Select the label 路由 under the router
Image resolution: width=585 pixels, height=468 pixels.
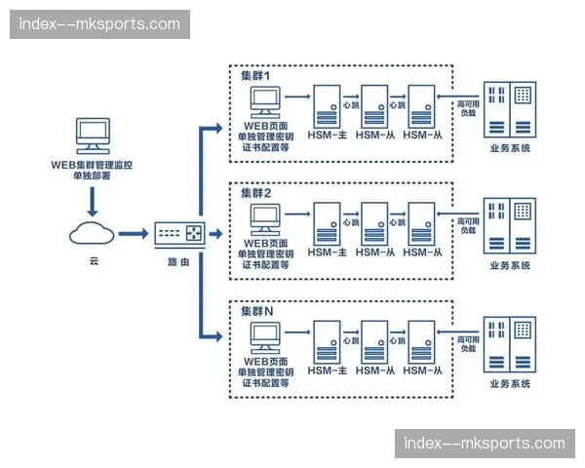[177, 262]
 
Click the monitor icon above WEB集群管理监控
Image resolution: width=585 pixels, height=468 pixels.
[93, 136]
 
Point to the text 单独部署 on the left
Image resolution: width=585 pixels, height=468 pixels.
[93, 178]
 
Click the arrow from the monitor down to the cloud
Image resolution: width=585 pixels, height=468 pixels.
[93, 203]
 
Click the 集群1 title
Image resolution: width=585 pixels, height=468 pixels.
[255, 76]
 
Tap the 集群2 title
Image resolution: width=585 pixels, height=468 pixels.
[255, 193]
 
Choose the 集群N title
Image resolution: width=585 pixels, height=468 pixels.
[256, 310]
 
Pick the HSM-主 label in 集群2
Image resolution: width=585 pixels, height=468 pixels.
[328, 253]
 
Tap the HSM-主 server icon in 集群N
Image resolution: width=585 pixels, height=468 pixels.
[327, 340]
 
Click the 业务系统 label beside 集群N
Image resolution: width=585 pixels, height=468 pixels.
[510, 384]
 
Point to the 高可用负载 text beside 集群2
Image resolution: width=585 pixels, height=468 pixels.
[467, 227]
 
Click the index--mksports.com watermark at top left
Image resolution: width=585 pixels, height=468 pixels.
[100, 24]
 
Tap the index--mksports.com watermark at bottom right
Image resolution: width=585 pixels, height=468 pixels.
[485, 444]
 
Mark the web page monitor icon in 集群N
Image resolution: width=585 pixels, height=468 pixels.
[266, 334]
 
